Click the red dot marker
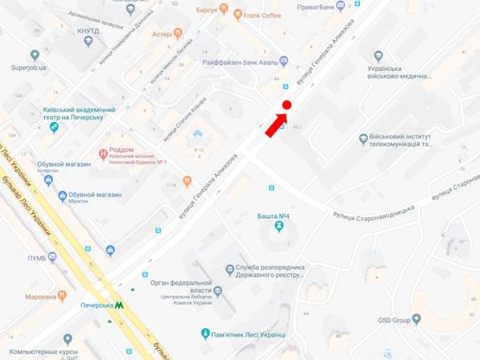click(286, 105)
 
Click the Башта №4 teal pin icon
click(278, 227)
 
